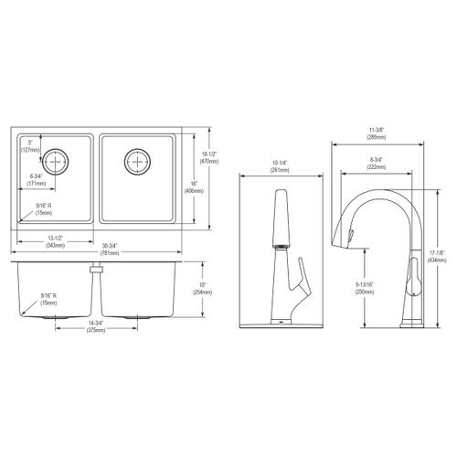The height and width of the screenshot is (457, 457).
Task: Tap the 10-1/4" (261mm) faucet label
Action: (x=281, y=167)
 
